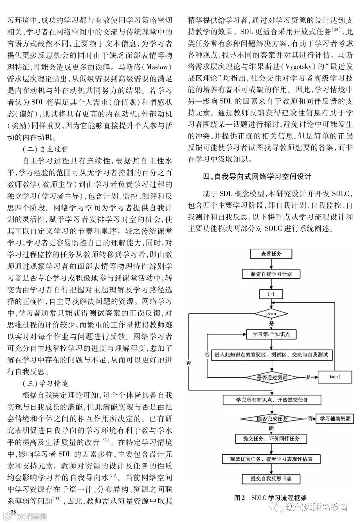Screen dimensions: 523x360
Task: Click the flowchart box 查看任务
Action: pos(271,254)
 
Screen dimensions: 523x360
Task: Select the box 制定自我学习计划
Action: pos(271,274)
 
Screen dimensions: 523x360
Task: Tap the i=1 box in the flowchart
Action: pos(271,294)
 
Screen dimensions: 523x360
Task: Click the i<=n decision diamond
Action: pos(271,314)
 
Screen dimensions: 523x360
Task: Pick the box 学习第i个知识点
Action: pos(271,334)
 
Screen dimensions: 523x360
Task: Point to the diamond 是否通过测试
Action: pos(272,377)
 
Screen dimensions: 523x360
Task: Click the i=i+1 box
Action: pos(335,377)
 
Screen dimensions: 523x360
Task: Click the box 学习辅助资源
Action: pos(335,419)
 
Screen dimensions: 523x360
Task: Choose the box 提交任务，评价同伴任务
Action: pos(271,439)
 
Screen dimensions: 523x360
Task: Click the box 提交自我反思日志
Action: pos(271,479)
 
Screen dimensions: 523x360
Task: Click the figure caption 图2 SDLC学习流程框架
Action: pos(270,498)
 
